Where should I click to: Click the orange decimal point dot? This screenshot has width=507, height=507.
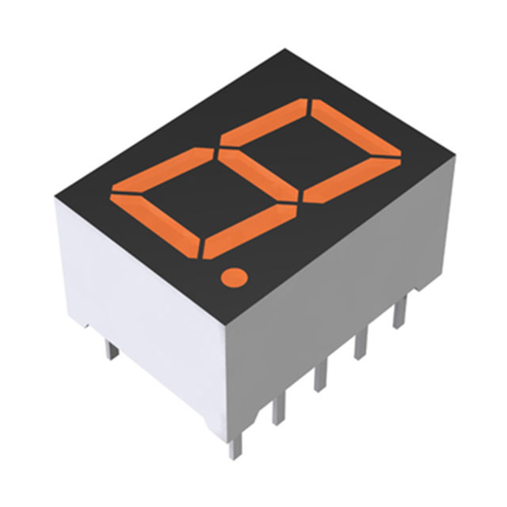tap(233, 276)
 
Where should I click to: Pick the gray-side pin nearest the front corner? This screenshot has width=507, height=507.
tap(277, 408)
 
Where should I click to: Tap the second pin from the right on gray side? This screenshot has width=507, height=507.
tap(364, 341)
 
